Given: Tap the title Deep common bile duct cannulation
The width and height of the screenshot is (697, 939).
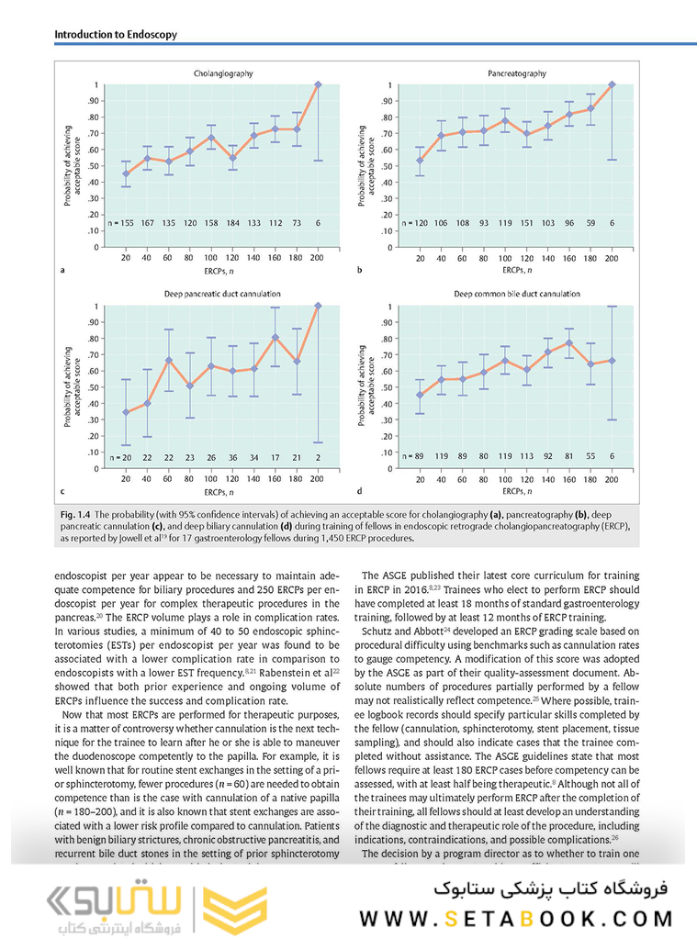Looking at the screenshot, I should (517, 294).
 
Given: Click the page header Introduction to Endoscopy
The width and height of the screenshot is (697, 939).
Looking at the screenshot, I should (116, 35).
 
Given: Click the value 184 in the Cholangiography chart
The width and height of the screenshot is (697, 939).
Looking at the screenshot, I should (233, 223).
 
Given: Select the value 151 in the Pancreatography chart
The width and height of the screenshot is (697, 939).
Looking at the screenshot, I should (527, 223).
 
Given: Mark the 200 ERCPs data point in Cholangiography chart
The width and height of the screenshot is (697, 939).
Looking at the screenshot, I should (318, 84).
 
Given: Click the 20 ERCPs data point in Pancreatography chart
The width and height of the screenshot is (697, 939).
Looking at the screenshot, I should (421, 161).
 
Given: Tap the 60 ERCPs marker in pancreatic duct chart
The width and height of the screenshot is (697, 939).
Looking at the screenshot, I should (169, 360).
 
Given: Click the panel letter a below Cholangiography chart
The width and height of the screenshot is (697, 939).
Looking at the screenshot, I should (62, 271).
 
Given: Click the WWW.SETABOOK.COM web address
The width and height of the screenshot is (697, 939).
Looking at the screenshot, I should (517, 919).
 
